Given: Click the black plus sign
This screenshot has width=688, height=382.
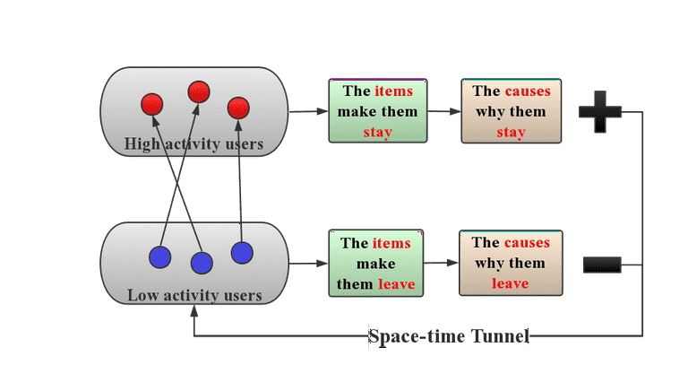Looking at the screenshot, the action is click(600, 112).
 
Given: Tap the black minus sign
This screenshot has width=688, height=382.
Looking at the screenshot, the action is click(602, 265).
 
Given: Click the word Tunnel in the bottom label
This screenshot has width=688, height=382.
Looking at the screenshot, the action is click(500, 336).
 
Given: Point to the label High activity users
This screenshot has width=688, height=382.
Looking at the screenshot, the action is click(193, 143).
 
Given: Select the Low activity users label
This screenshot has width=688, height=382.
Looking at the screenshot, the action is click(194, 295).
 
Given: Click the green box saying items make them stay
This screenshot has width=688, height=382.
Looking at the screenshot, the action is click(378, 110).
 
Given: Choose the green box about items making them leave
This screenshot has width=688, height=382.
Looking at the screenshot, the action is click(376, 263).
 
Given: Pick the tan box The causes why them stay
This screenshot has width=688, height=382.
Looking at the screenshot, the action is click(512, 111).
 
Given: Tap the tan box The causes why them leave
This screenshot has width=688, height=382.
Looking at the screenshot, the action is click(511, 263).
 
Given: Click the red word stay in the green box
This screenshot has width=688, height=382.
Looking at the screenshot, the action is click(378, 132).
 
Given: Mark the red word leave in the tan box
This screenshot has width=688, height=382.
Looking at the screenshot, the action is click(511, 283).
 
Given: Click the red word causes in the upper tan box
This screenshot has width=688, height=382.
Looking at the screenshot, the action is click(528, 91).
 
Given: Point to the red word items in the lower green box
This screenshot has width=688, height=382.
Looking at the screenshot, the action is click(391, 243).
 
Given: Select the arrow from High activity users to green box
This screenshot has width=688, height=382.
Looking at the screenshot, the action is click(308, 111).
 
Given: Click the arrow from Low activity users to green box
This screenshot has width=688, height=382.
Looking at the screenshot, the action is click(308, 264).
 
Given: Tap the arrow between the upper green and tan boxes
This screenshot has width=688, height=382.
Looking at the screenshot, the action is click(444, 111).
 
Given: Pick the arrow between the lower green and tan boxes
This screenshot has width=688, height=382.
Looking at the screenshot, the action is click(441, 263).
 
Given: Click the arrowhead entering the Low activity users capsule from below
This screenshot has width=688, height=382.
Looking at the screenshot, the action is click(193, 311).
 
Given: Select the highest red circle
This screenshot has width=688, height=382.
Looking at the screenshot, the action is click(199, 92).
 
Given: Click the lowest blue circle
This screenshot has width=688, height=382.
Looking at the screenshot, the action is click(202, 264).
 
